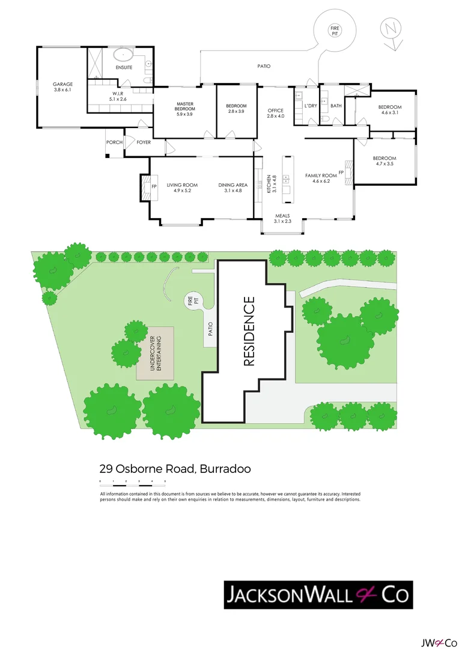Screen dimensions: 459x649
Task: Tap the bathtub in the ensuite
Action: pyautogui.click(x=123, y=54)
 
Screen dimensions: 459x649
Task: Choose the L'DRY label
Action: pyautogui.click(x=311, y=106)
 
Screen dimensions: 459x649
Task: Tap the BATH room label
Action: pyautogui.click(x=336, y=106)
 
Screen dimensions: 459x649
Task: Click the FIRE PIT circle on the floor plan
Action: pyautogui.click(x=335, y=31)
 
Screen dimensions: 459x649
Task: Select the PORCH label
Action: pyautogui.click(x=114, y=142)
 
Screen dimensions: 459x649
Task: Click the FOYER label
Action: pyautogui.click(x=144, y=142)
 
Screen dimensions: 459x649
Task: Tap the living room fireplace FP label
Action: pyautogui.click(x=154, y=187)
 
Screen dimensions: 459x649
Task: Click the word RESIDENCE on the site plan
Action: pyautogui.click(x=249, y=331)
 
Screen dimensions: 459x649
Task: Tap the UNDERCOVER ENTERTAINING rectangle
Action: pyautogui.click(x=155, y=353)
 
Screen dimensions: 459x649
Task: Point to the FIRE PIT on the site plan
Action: pyautogui.click(x=193, y=300)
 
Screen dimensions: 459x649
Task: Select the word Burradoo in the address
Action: pyautogui.click(x=225, y=469)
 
